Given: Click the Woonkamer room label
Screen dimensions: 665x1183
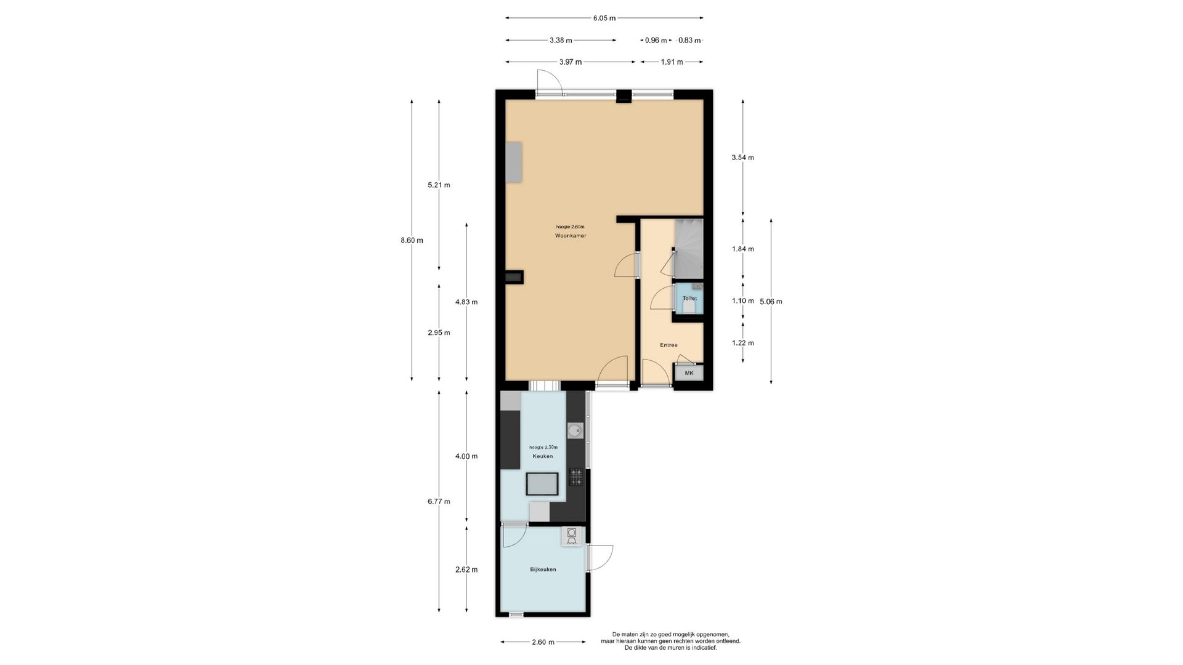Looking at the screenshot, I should [x=570, y=236].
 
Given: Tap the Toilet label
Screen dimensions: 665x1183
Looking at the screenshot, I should [x=689, y=299].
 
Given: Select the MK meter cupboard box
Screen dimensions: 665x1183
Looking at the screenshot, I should [x=689, y=373].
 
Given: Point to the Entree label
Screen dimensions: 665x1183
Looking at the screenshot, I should [x=669, y=345].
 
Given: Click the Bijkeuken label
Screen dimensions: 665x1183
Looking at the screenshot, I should [x=543, y=570].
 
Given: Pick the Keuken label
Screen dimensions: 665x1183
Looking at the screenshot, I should [x=543, y=456].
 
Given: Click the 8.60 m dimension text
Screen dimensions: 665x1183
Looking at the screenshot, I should [x=412, y=241].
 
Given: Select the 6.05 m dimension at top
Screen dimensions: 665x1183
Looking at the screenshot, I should [x=604, y=18].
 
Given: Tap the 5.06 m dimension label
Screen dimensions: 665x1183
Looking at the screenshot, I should [x=771, y=302].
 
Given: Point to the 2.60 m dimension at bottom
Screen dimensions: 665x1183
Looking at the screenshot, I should [x=543, y=642].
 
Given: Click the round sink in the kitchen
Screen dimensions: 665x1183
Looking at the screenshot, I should [x=575, y=430].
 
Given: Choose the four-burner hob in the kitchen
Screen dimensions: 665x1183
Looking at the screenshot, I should [x=576, y=477].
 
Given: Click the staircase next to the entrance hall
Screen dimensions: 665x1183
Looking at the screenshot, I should [x=689, y=248].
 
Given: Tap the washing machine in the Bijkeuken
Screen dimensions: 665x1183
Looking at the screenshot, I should [x=572, y=536].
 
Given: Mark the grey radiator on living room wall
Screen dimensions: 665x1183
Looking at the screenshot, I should [x=514, y=162].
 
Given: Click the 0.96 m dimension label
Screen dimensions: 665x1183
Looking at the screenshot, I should [x=656, y=41].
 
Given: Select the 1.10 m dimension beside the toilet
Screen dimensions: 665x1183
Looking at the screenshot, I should [x=742, y=301].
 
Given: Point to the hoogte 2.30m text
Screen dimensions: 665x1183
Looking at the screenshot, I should [x=543, y=447].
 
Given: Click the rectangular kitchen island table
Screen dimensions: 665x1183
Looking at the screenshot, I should [x=542, y=484].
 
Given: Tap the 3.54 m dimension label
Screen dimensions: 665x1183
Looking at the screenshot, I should [x=742, y=158].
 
